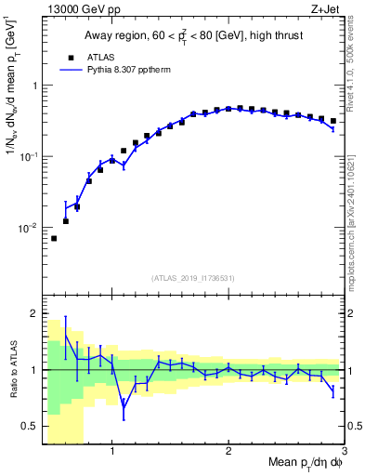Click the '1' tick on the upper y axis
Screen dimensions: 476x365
coord(34,86)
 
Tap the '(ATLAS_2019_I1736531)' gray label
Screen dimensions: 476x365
coord(192,278)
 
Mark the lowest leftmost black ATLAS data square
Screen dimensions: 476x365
coord(54,239)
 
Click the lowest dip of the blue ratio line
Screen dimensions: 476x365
coord(124,405)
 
